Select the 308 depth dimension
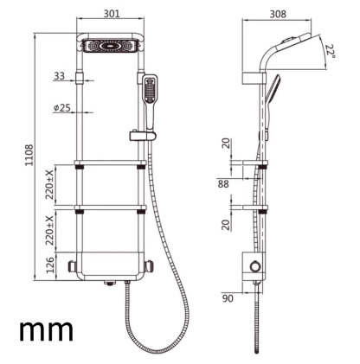pyautogui.click(x=276, y=13)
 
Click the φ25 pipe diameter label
pyautogui.click(x=61, y=108)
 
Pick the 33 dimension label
pyautogui.click(x=59, y=77)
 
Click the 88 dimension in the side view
pyautogui.click(x=223, y=182)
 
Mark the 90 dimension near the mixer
pyautogui.click(x=228, y=299)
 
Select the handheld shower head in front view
pyautogui.click(x=151, y=93)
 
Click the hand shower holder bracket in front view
pyautogui.click(x=139, y=135)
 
